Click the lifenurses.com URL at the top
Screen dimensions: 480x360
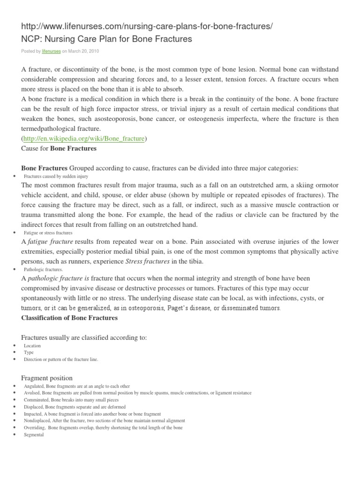(146, 27)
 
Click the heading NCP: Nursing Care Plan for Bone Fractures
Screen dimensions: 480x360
(107, 39)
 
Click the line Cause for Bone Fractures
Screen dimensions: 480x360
(59, 149)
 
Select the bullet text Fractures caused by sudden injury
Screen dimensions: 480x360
(56, 176)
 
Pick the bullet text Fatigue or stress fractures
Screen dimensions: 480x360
(48, 232)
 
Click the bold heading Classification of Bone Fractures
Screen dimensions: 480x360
(69, 318)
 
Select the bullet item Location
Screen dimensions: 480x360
(32, 345)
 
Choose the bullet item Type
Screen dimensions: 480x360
(29, 352)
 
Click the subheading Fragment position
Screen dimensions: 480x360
(47, 378)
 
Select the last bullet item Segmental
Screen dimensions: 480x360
(34, 435)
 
